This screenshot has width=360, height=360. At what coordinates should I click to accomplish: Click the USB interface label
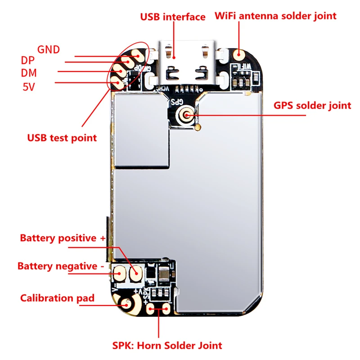(x=173, y=17)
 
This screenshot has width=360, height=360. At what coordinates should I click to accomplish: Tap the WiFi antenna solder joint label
(x=275, y=16)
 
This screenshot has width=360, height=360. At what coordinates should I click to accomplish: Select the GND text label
(x=49, y=49)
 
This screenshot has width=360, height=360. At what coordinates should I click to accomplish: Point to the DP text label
(x=28, y=61)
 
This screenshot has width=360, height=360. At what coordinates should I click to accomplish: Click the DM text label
(x=29, y=73)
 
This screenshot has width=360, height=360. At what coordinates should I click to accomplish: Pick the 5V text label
(x=28, y=86)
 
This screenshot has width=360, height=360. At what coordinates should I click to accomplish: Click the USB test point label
(x=62, y=138)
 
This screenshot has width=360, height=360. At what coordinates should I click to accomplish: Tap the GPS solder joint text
(x=312, y=106)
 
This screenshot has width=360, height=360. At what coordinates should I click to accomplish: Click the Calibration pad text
(x=57, y=298)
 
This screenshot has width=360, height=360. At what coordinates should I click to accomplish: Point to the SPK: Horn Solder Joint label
(x=167, y=346)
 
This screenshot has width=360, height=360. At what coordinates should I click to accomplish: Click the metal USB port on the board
(x=185, y=63)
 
